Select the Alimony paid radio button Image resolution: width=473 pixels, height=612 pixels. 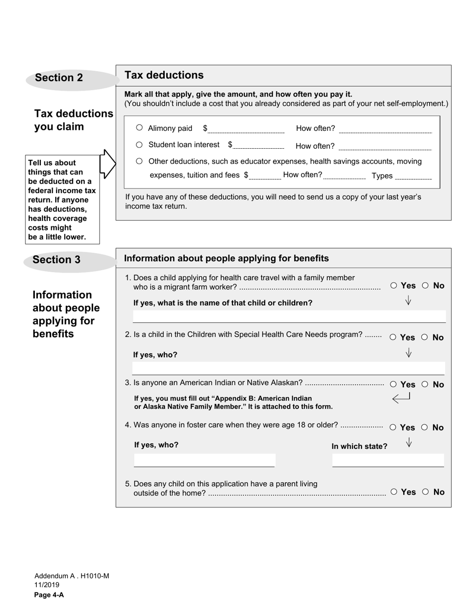pyautogui.click(x=139, y=128)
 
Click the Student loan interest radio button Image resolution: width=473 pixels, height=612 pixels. pyautogui.click(x=139, y=145)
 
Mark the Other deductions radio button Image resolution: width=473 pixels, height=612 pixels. pyautogui.click(x=139, y=161)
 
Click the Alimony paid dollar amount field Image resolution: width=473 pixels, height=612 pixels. pyautogui.click(x=246, y=129)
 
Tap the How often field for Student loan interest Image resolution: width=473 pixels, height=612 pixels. pyautogui.click(x=384, y=146)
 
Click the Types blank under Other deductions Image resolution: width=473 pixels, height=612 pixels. pyautogui.click(x=413, y=176)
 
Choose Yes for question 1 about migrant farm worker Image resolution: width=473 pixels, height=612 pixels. pyautogui.click(x=394, y=286)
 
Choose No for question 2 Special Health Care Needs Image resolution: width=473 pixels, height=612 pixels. pyautogui.click(x=425, y=337)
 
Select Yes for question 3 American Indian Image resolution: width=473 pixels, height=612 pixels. pyautogui.click(x=393, y=385)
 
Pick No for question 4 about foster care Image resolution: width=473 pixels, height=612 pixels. pyautogui.click(x=425, y=427)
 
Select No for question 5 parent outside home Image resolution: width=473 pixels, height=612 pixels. pyautogui.click(x=425, y=492)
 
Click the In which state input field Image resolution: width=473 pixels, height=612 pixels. pyautogui.click(x=388, y=461)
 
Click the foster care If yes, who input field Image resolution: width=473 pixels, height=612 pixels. pyautogui.click(x=204, y=461)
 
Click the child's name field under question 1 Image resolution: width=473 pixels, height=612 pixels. pyautogui.click(x=289, y=316)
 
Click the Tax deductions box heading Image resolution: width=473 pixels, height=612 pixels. pyautogui.click(x=164, y=75)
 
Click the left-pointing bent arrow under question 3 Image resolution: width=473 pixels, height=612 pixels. pyautogui.click(x=401, y=398)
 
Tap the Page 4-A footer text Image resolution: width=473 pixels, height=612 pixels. pyautogui.click(x=49, y=595)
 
